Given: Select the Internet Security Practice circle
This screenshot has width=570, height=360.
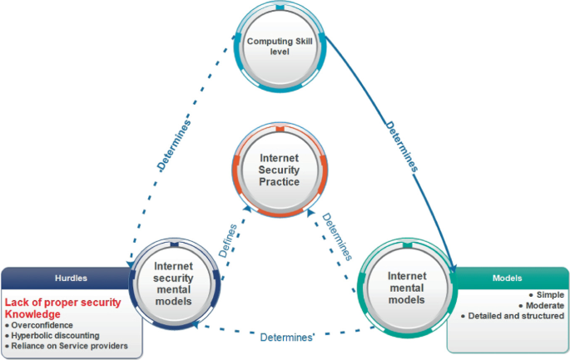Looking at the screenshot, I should [279, 170].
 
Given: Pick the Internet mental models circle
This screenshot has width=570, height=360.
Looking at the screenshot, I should [408, 287].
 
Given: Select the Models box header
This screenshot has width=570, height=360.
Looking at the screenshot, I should [507, 277].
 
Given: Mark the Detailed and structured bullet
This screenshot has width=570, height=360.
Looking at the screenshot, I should [515, 316].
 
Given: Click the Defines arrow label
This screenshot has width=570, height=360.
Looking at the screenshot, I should [229, 239].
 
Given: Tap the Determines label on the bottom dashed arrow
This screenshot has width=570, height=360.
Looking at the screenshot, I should [286, 338].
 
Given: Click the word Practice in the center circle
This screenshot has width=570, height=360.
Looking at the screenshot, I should [278, 183].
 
